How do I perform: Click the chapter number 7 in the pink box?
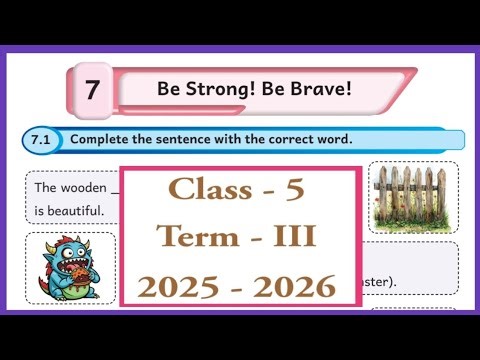[92, 90]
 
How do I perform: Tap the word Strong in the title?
[207, 89]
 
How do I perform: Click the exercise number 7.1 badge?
[45, 140]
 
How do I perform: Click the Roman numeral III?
[294, 237]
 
